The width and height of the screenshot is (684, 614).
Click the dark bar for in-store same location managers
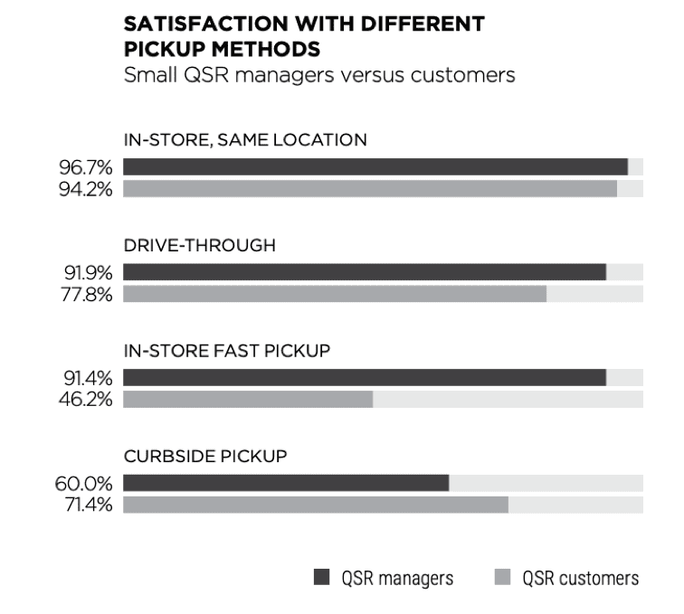tap(375, 166)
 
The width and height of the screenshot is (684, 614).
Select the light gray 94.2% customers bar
tap(370, 188)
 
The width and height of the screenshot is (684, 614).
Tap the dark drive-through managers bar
tap(365, 272)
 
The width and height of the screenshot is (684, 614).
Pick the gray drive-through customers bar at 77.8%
tap(335, 294)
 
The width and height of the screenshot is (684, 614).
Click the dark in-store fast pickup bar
tap(365, 377)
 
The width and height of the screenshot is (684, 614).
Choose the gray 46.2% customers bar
tap(248, 399)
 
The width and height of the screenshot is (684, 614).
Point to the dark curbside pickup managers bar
tap(286, 483)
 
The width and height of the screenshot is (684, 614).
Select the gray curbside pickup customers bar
tap(316, 505)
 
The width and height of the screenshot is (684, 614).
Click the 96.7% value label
tap(87, 166)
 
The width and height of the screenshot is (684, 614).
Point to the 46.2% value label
tap(87, 399)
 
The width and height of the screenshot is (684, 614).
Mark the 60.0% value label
tap(86, 483)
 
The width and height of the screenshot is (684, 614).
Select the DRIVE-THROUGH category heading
tap(200, 245)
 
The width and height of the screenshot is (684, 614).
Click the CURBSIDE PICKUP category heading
tap(205, 457)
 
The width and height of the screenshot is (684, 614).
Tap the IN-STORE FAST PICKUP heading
tap(225, 351)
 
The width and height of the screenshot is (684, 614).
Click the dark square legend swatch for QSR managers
tap(321, 577)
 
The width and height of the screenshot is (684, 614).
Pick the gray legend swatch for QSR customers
tap(503, 577)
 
